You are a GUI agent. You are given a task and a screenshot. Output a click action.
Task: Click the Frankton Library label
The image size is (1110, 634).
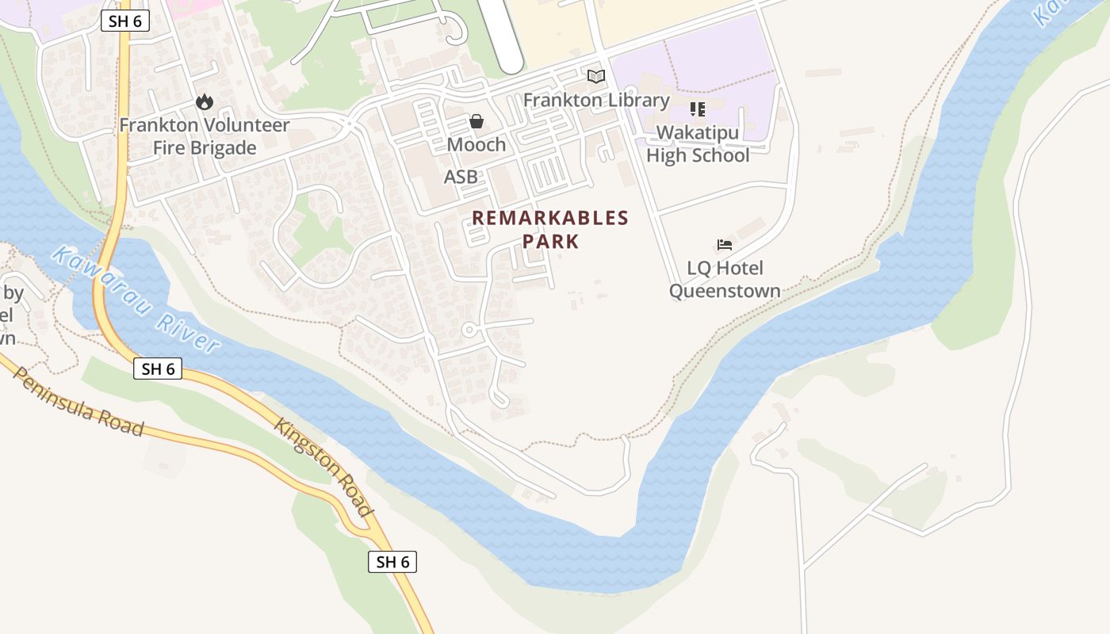click(x=596, y=101)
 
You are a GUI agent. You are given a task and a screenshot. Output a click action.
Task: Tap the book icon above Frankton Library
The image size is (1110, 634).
click(x=596, y=77)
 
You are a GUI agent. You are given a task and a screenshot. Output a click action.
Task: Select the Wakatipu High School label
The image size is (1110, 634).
click(x=698, y=143)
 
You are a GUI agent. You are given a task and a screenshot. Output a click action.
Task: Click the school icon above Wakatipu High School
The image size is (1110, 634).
click(x=698, y=109)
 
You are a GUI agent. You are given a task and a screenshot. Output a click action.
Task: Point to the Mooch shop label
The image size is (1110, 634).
click(x=477, y=144)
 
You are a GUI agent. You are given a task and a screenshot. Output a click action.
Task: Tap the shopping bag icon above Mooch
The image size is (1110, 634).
click(x=477, y=121)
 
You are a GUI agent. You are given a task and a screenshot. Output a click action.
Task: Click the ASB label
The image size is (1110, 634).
click(x=461, y=177)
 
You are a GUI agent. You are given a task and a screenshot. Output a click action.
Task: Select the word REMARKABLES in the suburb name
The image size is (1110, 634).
click(x=550, y=218)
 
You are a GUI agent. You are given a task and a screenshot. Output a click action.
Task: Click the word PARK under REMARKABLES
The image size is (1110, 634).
click(x=550, y=241)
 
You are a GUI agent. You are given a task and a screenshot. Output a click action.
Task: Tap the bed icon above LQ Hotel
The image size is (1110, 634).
click(x=725, y=245)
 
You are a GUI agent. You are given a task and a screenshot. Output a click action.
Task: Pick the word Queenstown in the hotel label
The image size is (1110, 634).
click(x=725, y=291)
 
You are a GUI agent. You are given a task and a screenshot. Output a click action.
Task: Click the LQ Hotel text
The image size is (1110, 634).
click(x=725, y=268)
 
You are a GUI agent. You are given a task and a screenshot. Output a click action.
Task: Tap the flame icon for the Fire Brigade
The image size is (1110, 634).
click(x=205, y=101)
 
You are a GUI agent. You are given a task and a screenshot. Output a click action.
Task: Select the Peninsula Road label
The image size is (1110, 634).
click(x=78, y=402)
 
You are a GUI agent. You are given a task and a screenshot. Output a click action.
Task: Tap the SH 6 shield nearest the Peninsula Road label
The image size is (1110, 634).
click(x=158, y=369)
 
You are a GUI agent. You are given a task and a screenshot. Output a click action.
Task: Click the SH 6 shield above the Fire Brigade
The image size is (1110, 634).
click(x=125, y=21)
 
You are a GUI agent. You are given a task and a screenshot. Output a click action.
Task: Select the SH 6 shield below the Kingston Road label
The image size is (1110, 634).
click(x=392, y=562)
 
